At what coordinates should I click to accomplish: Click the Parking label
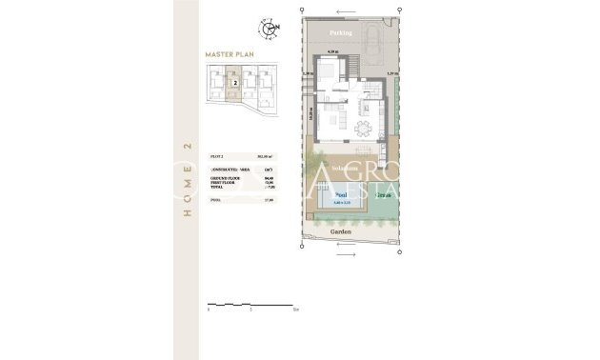341,31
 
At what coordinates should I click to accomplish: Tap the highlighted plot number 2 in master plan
233,83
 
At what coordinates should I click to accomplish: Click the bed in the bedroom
327,71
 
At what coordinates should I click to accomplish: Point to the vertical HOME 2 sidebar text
187,180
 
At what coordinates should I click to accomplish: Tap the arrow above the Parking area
342,10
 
